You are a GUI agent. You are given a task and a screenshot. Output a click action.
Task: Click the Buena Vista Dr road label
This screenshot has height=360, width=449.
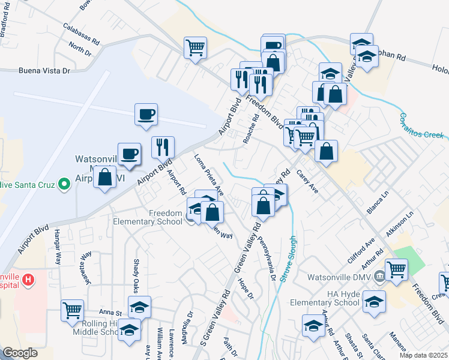(x=44, y=71)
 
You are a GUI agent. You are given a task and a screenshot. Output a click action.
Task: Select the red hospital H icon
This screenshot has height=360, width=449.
(x=28, y=280)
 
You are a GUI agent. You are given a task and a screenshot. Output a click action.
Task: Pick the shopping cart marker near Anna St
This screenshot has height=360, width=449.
(x=72, y=311)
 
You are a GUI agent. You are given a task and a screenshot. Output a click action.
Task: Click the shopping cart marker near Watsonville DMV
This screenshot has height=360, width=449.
(x=396, y=269)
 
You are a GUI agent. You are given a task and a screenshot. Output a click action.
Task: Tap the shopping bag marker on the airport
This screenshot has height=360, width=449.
(x=105, y=177)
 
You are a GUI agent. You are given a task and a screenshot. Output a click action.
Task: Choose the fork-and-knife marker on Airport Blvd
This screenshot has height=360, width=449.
(x=163, y=146)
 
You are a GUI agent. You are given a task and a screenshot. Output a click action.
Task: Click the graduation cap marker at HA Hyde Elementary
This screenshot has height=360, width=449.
(x=374, y=301)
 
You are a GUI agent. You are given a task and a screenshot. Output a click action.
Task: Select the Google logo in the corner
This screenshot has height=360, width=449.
(x=20, y=353)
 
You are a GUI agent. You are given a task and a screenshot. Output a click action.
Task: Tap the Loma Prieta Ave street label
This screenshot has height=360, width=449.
(x=209, y=175)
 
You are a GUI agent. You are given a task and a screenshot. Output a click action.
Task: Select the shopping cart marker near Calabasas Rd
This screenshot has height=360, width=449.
(x=195, y=46)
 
